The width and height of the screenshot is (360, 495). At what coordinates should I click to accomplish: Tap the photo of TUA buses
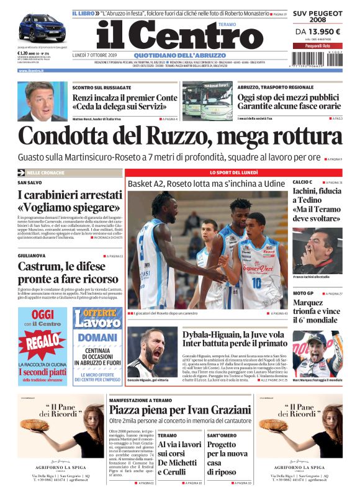click(207, 101)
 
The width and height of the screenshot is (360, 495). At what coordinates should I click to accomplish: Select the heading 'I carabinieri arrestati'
click(68, 195)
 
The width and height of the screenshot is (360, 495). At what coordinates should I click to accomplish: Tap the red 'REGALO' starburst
click(42, 341)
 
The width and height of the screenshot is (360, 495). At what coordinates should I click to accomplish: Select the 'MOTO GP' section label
click(303, 293)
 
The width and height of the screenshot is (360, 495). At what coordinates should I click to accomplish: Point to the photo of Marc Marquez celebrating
click(317, 355)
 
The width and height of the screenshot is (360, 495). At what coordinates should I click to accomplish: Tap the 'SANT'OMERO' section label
click(221, 435)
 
